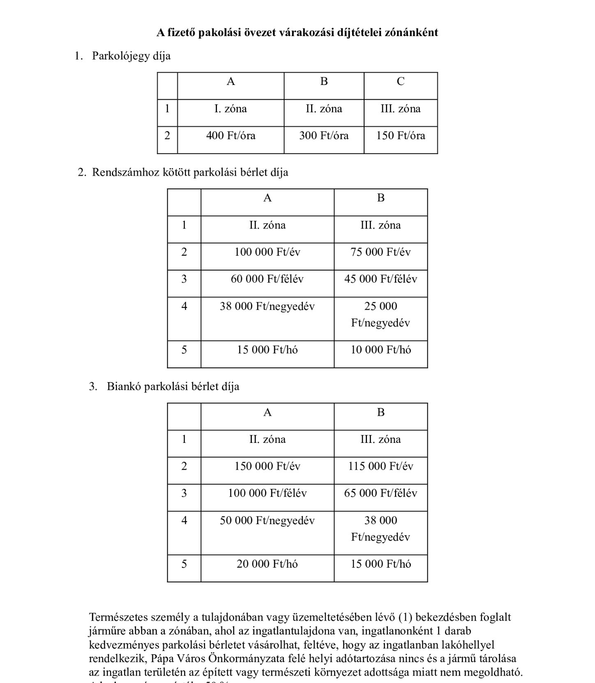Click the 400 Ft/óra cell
tap(231, 136)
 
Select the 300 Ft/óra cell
tap(324, 136)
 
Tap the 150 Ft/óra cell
tap(401, 136)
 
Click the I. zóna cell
tap(231, 109)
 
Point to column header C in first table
tap(401, 82)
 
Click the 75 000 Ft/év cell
tap(381, 252)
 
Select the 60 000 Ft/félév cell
tap(267, 279)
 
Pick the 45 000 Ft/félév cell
tap(381, 279)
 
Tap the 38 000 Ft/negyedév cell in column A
tap(267, 306)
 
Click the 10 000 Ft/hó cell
tap(381, 350)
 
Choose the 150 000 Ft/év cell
tap(267, 466)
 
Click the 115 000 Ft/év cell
tap(381, 466)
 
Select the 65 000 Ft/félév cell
tap(381, 493)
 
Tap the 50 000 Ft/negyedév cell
tap(267, 520)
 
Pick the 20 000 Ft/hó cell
tap(267, 564)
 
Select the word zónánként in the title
tap(411, 32)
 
